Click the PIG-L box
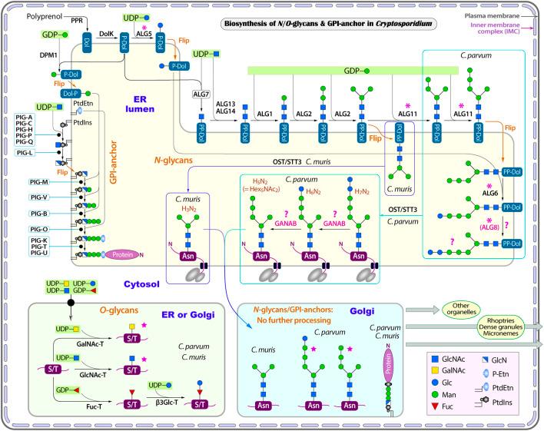click(24, 152)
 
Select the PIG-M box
click(24, 181)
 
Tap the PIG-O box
click(24, 227)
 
